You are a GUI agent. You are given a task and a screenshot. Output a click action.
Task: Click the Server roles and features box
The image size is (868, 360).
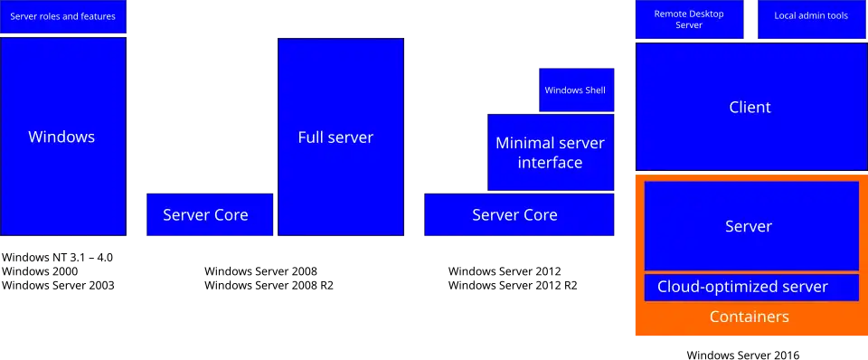63,16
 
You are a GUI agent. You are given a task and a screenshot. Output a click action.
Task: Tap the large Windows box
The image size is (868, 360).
63,137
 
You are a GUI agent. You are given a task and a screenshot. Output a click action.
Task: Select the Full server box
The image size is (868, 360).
341,137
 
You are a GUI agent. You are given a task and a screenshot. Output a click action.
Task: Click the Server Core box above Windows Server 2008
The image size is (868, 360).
210,214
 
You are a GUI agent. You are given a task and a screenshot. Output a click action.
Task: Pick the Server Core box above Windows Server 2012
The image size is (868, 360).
519,214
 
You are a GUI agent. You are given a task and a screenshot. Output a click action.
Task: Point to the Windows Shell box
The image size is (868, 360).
577,90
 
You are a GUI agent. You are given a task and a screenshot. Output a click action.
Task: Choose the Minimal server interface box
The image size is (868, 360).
551,152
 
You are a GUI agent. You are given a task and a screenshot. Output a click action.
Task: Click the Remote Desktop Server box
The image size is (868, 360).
689,19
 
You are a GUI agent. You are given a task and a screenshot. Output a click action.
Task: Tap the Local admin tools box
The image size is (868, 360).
811,19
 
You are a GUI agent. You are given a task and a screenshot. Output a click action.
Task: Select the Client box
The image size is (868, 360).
751,107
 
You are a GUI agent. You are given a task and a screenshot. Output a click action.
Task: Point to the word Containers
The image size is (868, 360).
749,317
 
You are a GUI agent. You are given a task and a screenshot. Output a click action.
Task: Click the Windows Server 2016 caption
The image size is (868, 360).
743,355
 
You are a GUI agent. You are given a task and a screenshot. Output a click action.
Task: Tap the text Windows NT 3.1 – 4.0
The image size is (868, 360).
58,258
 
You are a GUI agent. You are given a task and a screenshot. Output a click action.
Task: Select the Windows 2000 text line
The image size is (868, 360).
40,271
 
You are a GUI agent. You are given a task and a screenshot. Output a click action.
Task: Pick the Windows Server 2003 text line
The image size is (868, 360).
58,286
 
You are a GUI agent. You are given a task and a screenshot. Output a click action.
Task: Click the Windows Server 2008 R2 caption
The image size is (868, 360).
269,286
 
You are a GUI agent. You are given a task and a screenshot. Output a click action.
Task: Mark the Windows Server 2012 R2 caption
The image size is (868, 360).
513,286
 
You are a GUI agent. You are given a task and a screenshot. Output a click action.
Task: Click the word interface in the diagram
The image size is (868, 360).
551,162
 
